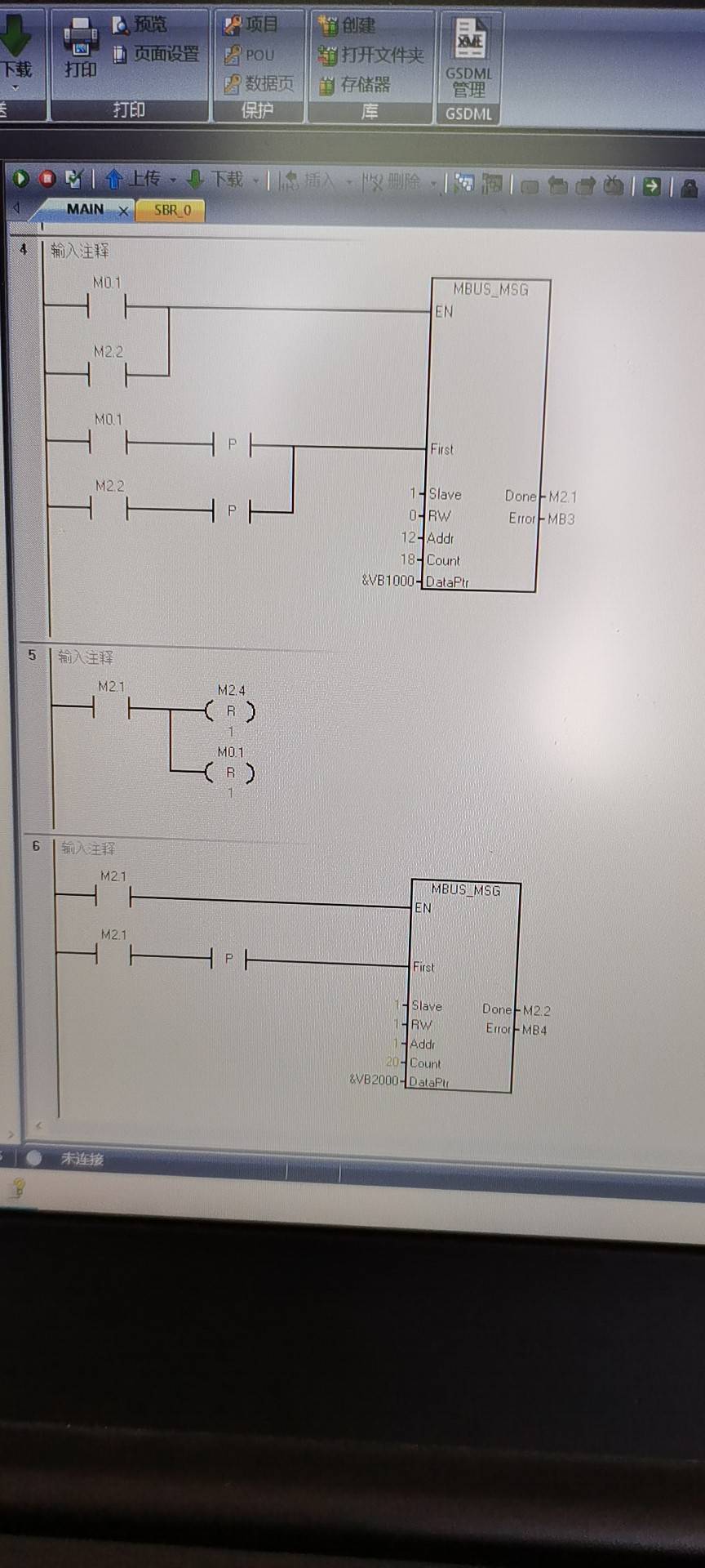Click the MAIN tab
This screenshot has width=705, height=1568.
click(x=85, y=210)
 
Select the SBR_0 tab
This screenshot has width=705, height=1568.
click(x=172, y=210)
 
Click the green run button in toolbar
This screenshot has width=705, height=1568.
click(x=21, y=178)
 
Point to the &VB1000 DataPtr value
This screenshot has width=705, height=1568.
click(x=388, y=581)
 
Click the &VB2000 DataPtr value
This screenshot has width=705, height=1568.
click(x=375, y=1080)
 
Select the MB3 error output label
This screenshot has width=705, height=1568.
click(x=561, y=519)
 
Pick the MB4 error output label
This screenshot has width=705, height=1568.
click(x=534, y=1031)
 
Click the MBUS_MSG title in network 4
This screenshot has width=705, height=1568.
click(x=490, y=290)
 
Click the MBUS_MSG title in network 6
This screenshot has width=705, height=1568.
click(x=465, y=890)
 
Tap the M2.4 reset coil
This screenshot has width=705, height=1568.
click(x=230, y=711)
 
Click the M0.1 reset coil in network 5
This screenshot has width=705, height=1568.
click(x=230, y=773)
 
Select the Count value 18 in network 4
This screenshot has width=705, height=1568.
click(x=407, y=559)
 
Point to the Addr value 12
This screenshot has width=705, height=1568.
click(x=408, y=537)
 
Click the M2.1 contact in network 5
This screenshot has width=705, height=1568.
click(x=112, y=709)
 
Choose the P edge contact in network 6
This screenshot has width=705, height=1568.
click(x=228, y=958)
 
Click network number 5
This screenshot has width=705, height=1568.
click(x=32, y=655)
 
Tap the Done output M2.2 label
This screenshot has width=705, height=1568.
click(x=536, y=1011)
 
